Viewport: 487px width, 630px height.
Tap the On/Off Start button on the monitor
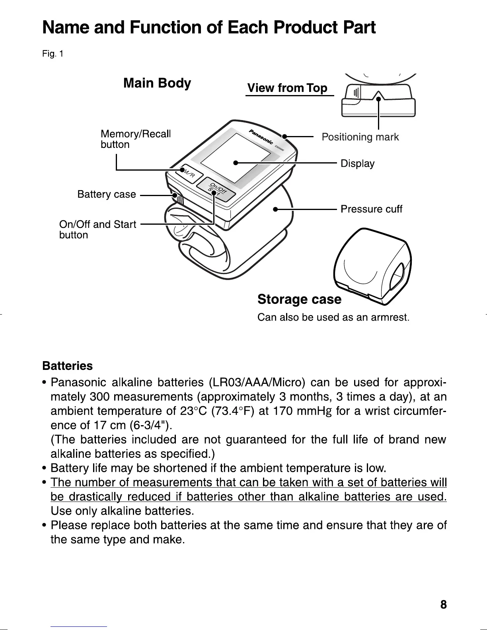(217, 191)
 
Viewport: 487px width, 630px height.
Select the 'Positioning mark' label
(360, 137)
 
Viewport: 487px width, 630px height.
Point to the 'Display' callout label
(357, 163)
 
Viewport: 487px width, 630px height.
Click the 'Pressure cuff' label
(371, 209)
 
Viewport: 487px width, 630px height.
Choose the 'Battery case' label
(107, 194)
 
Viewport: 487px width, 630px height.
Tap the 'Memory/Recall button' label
(135, 139)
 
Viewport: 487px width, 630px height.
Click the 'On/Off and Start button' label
(97, 229)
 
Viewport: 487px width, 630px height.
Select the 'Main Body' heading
(157, 83)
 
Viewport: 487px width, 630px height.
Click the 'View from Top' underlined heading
(287, 88)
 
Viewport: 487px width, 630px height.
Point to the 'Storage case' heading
(299, 299)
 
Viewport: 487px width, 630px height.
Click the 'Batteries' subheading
(67, 366)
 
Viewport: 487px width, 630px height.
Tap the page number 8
(444, 605)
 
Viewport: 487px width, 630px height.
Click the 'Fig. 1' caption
(53, 53)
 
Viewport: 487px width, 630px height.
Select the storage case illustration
(372, 268)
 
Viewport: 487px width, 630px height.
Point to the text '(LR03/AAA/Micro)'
(257, 383)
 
